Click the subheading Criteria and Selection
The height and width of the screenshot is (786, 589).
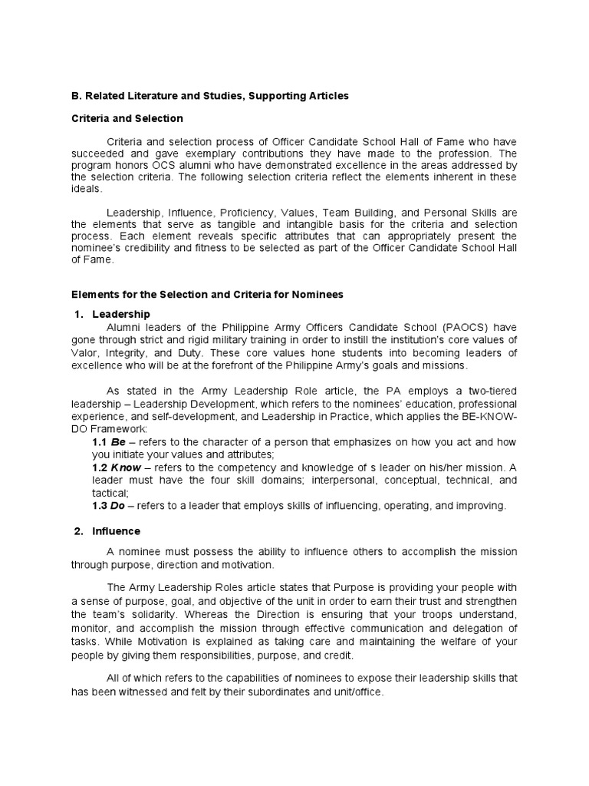point(127,118)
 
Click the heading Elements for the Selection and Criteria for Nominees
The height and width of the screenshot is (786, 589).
point(207,294)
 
